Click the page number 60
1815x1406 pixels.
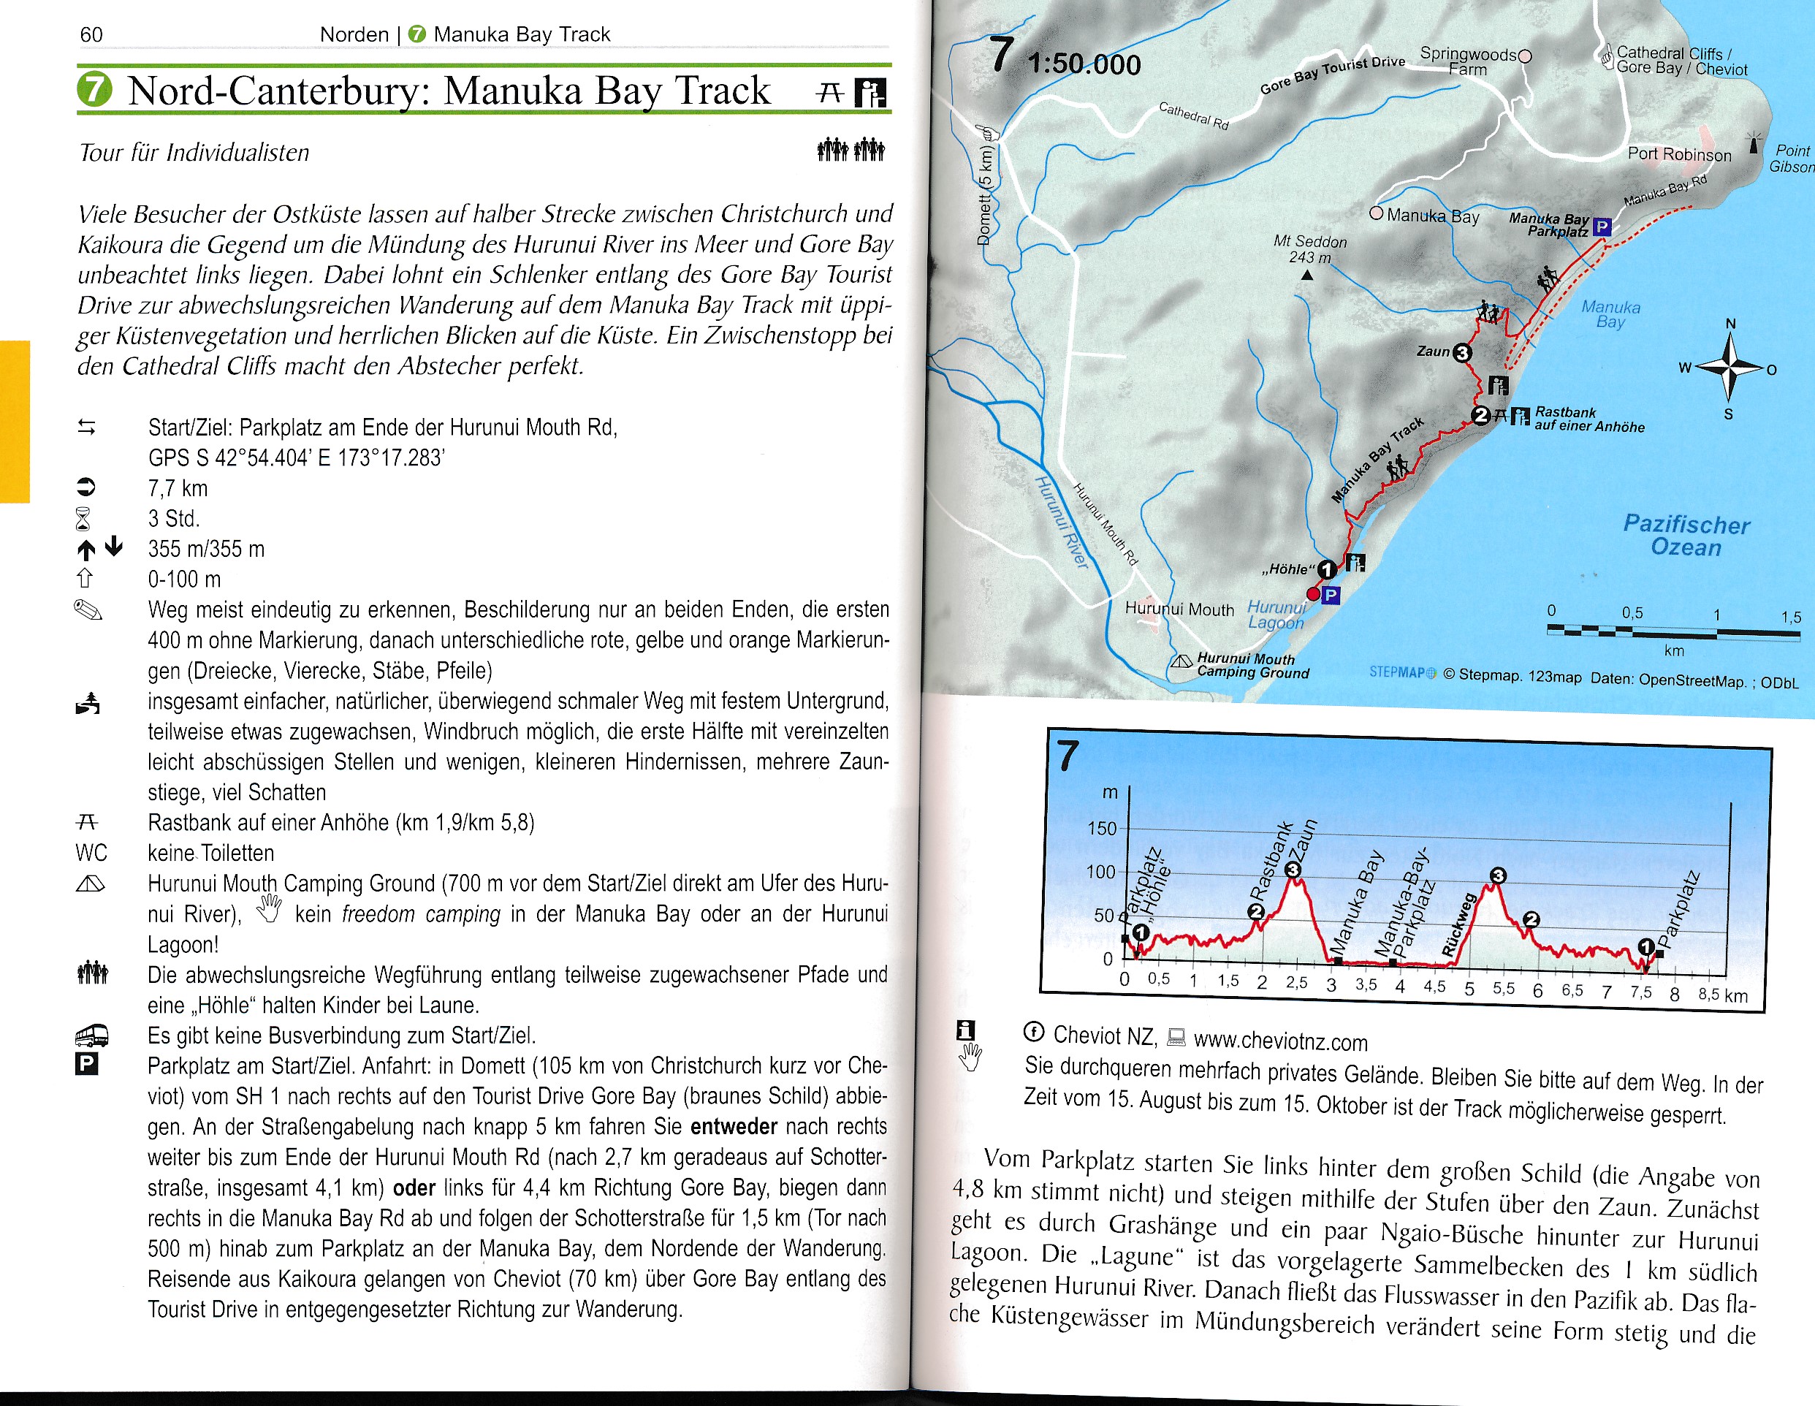click(x=91, y=34)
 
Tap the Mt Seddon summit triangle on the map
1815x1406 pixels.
click(x=1307, y=275)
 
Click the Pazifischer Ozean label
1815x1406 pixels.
click(x=1686, y=535)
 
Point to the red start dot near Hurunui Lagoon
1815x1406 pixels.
click(x=1313, y=593)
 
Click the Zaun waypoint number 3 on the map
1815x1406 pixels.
click(x=1463, y=352)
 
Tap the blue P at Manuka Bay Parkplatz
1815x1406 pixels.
click(x=1602, y=226)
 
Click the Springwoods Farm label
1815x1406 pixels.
click(x=1468, y=61)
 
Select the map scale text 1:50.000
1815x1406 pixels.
click(x=1084, y=64)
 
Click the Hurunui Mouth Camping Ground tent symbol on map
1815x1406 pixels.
click(x=1181, y=662)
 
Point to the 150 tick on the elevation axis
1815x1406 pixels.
click(x=1102, y=829)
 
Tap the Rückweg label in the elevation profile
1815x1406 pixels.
click(x=1458, y=925)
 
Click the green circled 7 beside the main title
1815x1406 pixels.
click(x=95, y=90)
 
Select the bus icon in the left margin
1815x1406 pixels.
click(x=91, y=1035)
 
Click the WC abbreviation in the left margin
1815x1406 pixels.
click(x=91, y=853)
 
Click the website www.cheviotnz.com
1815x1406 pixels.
click(x=1280, y=1041)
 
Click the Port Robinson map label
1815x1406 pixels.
click(x=1678, y=155)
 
